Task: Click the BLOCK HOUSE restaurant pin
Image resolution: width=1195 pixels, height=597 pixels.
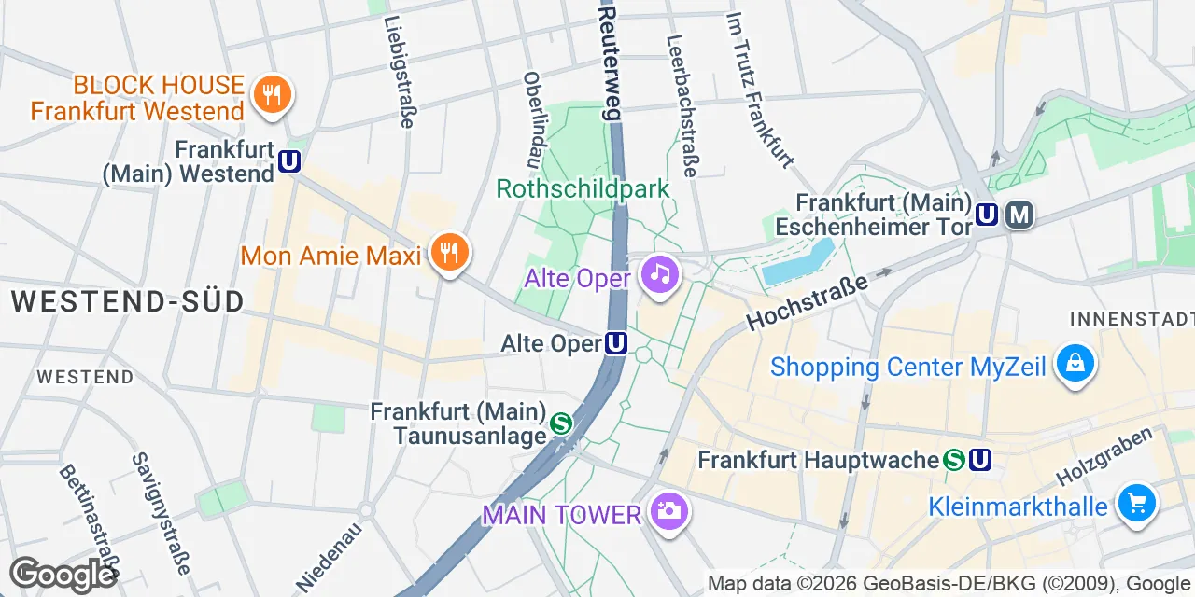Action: tap(273, 95)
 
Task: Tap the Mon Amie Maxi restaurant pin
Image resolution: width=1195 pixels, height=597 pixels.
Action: tap(450, 253)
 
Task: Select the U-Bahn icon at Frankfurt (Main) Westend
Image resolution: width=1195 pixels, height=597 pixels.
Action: tap(289, 162)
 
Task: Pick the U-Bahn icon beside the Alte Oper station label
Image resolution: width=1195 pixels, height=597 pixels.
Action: tap(615, 344)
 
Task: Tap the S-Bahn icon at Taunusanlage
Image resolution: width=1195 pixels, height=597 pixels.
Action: tap(561, 423)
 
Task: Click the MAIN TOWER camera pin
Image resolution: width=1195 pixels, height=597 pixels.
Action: tap(668, 511)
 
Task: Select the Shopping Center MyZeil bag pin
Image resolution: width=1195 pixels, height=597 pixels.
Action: tap(1075, 363)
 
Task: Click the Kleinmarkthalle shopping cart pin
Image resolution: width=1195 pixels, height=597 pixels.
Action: tap(1136, 504)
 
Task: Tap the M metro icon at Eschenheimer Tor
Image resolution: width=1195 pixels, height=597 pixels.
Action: tap(1019, 215)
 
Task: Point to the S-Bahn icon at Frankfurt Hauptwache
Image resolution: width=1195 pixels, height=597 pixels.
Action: tap(954, 460)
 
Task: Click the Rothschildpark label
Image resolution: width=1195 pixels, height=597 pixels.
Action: tap(583, 189)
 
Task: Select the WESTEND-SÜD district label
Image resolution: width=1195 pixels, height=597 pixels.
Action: tap(128, 301)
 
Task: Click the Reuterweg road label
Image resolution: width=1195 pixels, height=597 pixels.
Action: tap(610, 61)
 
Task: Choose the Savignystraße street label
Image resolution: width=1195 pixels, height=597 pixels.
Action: tap(162, 512)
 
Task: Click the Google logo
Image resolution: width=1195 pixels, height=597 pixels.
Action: tap(62, 574)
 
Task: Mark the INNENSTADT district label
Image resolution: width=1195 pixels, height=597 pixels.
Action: tap(1132, 319)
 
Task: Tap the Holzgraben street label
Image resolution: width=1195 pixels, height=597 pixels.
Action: tap(1112, 457)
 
